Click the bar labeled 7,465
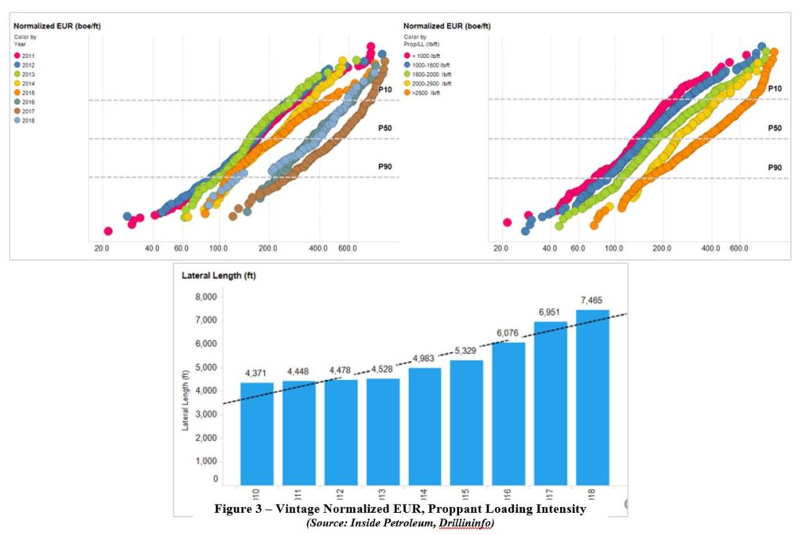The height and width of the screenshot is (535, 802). pos(592,397)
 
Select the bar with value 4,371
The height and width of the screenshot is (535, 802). pos(256,433)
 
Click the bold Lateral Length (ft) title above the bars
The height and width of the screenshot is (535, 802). pos(219,276)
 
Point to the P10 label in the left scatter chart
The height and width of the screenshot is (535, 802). pos(385,89)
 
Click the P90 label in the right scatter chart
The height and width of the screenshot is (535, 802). pos(774,168)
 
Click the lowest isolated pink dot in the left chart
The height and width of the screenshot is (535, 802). pos(108,231)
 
